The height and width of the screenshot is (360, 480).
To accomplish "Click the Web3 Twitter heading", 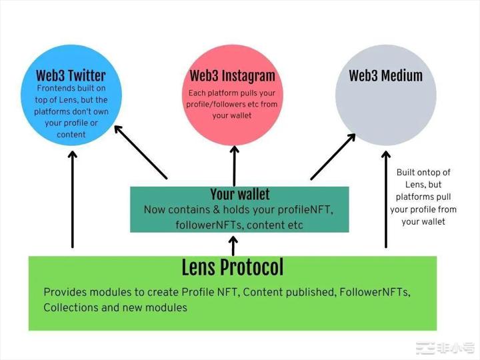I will coord(70,75).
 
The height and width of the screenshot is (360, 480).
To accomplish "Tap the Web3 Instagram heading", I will coord(232,75).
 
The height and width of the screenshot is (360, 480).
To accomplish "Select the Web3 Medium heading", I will coord(385,75).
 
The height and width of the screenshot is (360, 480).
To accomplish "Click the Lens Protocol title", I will coord(232,267).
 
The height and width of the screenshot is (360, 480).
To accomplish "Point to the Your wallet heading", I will coord(240,195).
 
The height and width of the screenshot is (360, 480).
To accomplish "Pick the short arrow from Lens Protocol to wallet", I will coord(233,245).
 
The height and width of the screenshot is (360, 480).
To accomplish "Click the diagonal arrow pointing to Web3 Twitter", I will coord(141,152).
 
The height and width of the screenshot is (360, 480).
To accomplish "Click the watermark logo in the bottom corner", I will coord(444,348).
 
